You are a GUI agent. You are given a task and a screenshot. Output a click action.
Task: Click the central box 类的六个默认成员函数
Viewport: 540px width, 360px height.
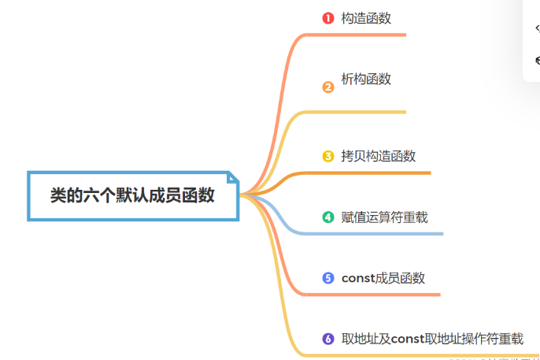pyautogui.click(x=132, y=195)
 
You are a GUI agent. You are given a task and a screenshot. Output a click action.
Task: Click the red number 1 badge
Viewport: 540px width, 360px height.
pyautogui.click(x=328, y=18)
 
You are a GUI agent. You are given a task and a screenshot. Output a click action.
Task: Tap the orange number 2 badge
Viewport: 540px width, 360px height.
pyautogui.click(x=328, y=87)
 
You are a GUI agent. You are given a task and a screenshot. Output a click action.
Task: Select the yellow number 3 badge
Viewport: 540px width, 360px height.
pyautogui.click(x=328, y=156)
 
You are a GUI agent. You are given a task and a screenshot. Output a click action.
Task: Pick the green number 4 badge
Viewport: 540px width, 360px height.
pyautogui.click(x=328, y=217)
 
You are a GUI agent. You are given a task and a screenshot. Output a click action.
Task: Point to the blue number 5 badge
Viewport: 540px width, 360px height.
pyautogui.click(x=328, y=277)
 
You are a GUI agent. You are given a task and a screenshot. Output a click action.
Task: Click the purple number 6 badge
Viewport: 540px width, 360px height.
pyautogui.click(x=328, y=339)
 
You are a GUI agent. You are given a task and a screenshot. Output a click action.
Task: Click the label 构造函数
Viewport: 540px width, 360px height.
pyautogui.click(x=366, y=18)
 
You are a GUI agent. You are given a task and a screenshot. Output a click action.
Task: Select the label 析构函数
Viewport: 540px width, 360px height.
pyautogui.click(x=366, y=79)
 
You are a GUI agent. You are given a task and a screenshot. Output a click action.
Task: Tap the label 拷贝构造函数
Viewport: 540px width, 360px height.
pyautogui.click(x=379, y=156)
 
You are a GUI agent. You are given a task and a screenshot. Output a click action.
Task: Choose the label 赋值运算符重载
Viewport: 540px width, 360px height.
pyautogui.click(x=385, y=217)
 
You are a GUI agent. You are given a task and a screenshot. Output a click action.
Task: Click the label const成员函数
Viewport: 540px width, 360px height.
pyautogui.click(x=383, y=277)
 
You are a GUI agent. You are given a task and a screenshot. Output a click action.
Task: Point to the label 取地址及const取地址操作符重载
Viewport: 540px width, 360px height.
pyautogui.click(x=432, y=339)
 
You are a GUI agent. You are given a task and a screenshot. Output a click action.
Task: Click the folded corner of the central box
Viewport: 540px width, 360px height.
pyautogui.click(x=232, y=178)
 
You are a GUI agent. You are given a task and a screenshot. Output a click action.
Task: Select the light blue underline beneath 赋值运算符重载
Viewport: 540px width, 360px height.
pyautogui.click(x=386, y=233)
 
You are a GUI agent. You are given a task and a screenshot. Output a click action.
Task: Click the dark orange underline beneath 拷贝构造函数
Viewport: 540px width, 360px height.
pyautogui.click(x=378, y=173)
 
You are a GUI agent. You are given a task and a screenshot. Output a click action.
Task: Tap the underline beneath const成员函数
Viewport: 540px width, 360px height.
pyautogui.click(x=386, y=295)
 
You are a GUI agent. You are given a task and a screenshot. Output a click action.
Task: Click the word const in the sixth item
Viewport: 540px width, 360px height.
pyautogui.click(x=407, y=339)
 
